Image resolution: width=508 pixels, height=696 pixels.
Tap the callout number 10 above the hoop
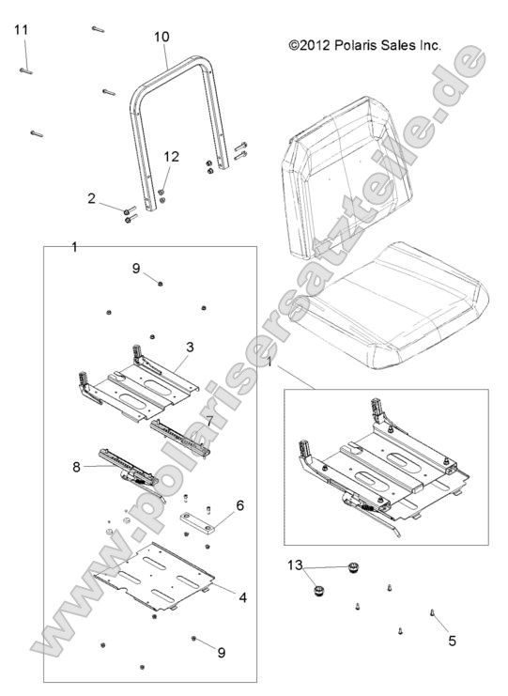[x=162, y=36]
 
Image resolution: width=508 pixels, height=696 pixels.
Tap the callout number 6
[x=240, y=504]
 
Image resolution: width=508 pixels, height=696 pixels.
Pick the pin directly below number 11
[x=25, y=68]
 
